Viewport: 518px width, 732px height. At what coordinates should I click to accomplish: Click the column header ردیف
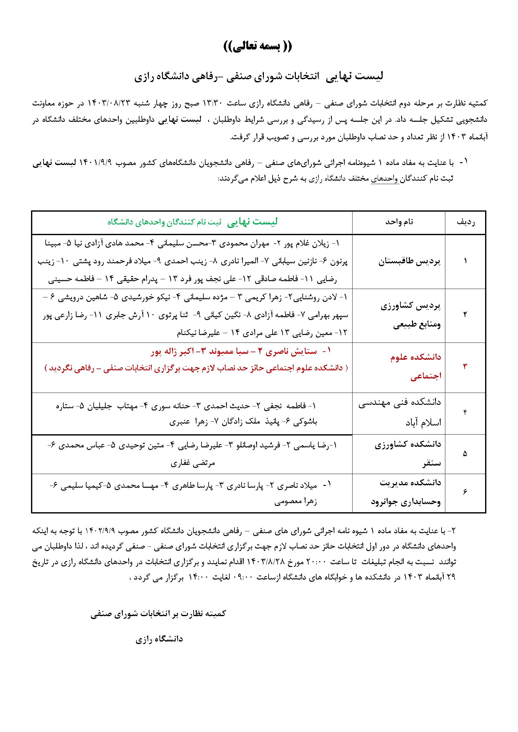pos(466,222)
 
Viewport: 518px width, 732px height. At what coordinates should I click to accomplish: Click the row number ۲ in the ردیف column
pos(465,314)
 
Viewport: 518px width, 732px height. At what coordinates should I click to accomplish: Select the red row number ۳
pos(465,367)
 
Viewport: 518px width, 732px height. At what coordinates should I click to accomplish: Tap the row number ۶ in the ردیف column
pos(465,492)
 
